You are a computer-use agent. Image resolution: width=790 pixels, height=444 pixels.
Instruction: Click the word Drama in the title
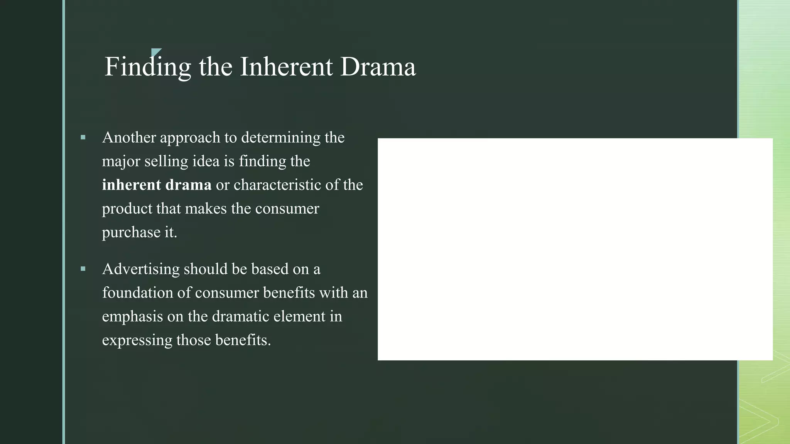pos(378,67)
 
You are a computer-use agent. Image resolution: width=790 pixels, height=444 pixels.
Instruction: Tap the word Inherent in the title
pos(286,67)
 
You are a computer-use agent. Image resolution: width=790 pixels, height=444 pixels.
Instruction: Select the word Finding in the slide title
pos(148,67)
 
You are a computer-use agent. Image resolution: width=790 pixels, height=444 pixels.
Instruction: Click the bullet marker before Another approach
pos(83,137)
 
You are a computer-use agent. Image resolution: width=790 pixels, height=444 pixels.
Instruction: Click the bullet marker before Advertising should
pos(83,269)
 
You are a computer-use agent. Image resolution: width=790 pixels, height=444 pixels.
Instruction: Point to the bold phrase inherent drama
pos(157,185)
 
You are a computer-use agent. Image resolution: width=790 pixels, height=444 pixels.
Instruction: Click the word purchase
pos(131,232)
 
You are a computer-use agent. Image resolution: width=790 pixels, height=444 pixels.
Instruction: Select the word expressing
pos(137,340)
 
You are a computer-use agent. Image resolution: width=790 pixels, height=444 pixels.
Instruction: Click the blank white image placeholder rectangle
pos(575,249)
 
